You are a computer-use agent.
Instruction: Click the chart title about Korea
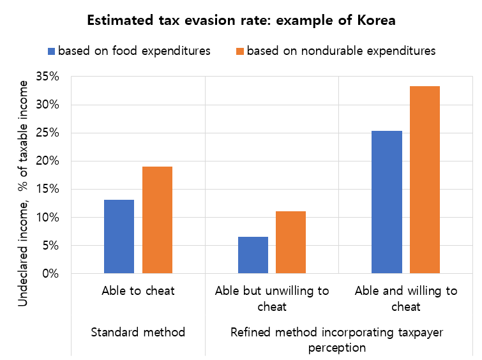click(x=241, y=20)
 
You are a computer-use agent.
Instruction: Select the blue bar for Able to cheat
click(x=119, y=236)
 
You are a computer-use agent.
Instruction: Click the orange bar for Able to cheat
click(x=157, y=220)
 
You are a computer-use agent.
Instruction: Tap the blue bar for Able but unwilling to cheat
click(x=253, y=255)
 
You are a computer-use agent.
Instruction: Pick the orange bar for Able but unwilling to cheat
click(x=291, y=242)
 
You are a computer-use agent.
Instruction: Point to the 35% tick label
click(x=49, y=77)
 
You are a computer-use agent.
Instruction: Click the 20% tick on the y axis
click(x=49, y=161)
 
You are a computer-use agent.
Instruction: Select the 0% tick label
click(x=52, y=274)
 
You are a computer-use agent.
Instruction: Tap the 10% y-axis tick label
click(x=49, y=218)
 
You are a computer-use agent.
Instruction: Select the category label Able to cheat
click(x=138, y=291)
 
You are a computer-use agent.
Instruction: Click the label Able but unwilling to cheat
click(x=272, y=299)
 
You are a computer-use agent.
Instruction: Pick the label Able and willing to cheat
click(x=406, y=299)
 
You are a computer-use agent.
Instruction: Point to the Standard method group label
click(x=138, y=332)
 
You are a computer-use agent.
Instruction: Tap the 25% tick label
click(x=49, y=133)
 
